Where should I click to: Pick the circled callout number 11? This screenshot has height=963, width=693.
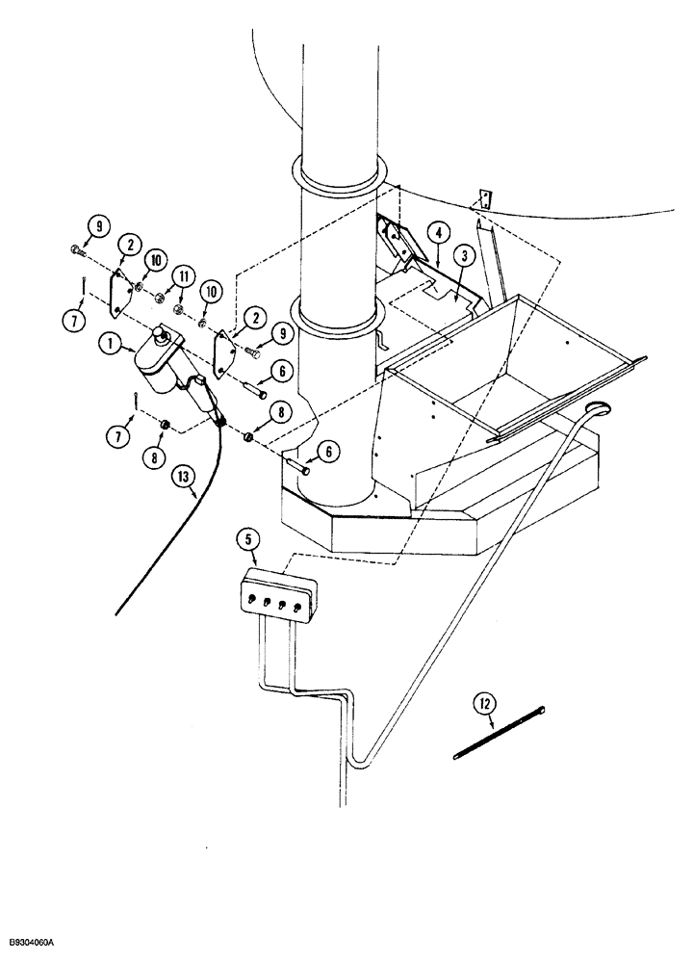(x=180, y=279)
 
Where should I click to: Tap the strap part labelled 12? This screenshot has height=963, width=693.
(x=500, y=734)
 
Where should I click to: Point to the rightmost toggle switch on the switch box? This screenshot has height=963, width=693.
(x=303, y=605)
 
